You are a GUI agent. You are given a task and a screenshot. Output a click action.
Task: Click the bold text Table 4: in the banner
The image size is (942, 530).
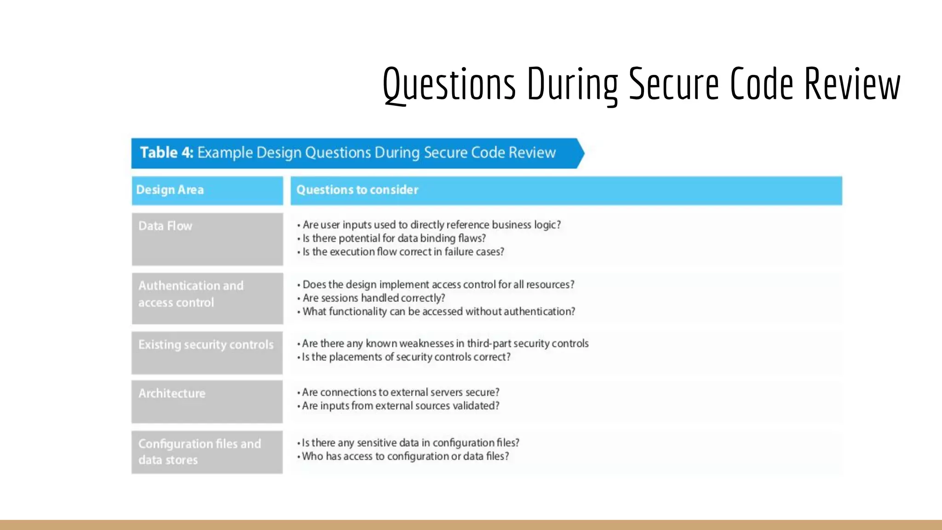167,152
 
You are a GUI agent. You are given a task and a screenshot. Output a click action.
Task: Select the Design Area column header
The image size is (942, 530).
170,190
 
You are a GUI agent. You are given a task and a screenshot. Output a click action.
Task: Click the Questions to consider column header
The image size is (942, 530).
357,190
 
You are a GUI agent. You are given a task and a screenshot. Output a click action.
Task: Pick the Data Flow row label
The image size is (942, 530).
166,226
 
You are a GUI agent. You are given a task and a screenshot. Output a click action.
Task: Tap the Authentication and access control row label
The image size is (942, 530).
191,294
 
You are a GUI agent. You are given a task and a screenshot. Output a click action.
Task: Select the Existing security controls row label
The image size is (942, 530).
206,345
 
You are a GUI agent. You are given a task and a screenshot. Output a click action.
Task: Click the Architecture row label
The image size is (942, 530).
172,393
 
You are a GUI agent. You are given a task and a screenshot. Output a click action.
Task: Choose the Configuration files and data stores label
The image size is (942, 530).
200,452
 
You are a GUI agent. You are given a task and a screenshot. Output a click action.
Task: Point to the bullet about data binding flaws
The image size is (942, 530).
394,238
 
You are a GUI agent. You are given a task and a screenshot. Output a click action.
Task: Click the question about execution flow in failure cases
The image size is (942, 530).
403,252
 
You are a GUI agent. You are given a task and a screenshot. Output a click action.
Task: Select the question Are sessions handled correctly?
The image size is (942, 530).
373,298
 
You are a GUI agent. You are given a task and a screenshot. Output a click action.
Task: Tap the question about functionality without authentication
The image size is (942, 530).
438,311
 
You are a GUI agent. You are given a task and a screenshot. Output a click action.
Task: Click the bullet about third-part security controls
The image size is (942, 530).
445,344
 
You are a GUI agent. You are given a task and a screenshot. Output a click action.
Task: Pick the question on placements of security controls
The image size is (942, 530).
406,357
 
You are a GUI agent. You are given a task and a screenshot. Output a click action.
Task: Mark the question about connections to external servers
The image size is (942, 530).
400,392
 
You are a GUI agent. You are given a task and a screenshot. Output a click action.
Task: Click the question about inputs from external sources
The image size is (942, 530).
400,406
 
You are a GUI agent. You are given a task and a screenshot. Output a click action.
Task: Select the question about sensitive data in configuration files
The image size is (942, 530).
410,443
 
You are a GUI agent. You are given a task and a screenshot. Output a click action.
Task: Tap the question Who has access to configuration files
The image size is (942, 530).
405,456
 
